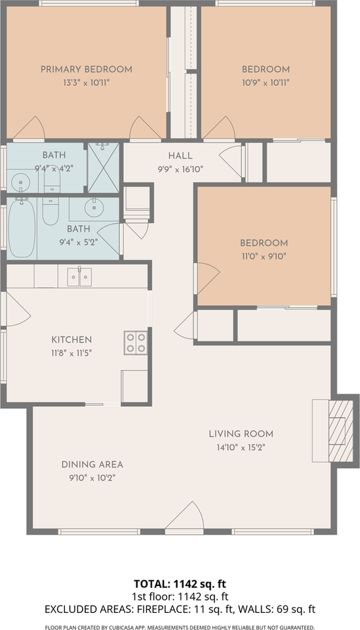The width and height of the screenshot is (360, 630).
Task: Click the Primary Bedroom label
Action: click(x=87, y=69)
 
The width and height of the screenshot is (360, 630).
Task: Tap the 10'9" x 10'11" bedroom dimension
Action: click(x=266, y=83)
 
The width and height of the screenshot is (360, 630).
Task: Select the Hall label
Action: click(x=180, y=156)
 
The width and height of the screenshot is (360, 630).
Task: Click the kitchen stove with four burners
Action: click(x=136, y=343)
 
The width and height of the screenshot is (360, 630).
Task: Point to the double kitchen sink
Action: click(x=79, y=277)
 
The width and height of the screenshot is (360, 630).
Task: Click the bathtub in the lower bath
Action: click(x=22, y=228)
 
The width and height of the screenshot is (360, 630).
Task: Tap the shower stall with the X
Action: click(x=104, y=167)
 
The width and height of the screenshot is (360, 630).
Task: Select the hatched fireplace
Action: click(x=341, y=431)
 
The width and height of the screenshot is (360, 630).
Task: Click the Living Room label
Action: click(x=241, y=434)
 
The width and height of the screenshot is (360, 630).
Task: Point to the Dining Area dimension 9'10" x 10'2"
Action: click(x=92, y=478)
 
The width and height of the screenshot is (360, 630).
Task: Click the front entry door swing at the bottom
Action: click(x=185, y=516)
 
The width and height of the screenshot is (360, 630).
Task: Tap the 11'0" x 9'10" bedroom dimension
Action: click(x=264, y=257)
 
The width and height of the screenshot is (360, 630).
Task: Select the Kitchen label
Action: click(x=71, y=340)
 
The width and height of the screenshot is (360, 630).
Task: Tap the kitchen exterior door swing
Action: click(x=18, y=308)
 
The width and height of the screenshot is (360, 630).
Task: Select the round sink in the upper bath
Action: click(x=18, y=183)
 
